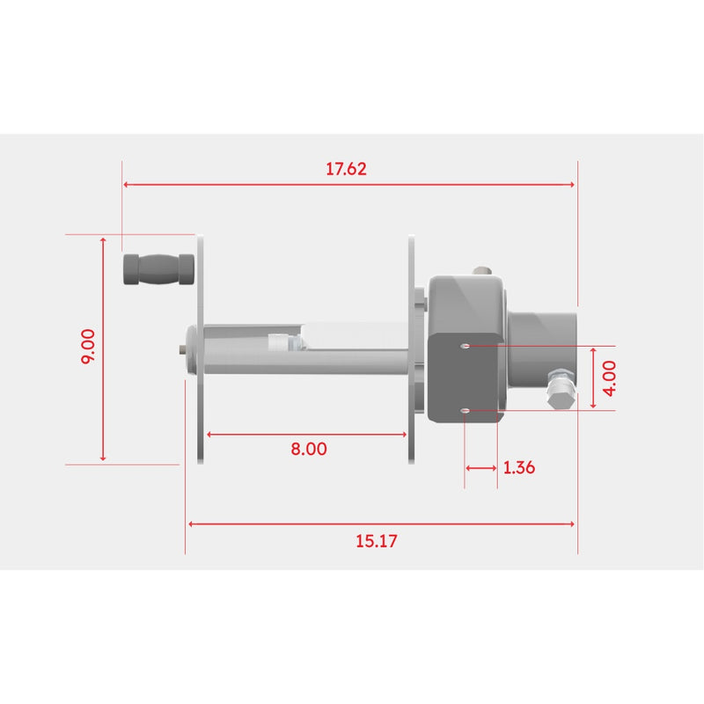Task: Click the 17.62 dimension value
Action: (x=346, y=169)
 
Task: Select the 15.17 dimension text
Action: (x=377, y=541)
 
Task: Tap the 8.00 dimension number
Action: (x=308, y=448)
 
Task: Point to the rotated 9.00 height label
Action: (x=88, y=348)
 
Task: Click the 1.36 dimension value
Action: (x=519, y=467)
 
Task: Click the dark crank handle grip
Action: (x=158, y=269)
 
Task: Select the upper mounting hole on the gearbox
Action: (x=466, y=346)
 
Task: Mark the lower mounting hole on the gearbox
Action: (x=466, y=410)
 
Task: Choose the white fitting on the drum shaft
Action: (x=278, y=342)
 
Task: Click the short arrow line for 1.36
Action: (x=480, y=467)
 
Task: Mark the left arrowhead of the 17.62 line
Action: (x=127, y=185)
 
